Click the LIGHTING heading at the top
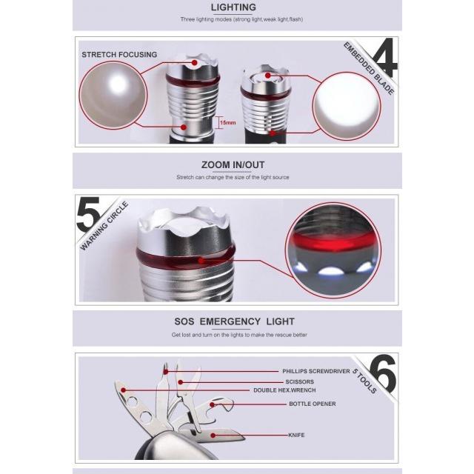(x=233, y=7)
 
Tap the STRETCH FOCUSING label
(x=119, y=55)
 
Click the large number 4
(x=385, y=57)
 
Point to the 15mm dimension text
(x=228, y=123)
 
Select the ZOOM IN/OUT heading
(x=233, y=165)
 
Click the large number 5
(x=88, y=214)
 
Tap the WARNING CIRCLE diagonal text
(x=104, y=226)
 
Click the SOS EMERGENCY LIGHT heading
(x=234, y=321)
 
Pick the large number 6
(x=382, y=373)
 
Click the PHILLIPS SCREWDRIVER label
(x=316, y=371)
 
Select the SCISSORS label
(x=299, y=382)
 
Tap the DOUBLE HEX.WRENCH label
(x=284, y=390)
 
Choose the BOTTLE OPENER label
(x=313, y=404)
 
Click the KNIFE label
(x=296, y=435)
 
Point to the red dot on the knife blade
(x=213, y=435)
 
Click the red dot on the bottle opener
(x=213, y=404)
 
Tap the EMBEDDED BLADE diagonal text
(x=369, y=68)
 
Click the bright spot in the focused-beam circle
(x=117, y=84)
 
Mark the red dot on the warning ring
(x=201, y=261)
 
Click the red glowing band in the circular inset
(x=333, y=241)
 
